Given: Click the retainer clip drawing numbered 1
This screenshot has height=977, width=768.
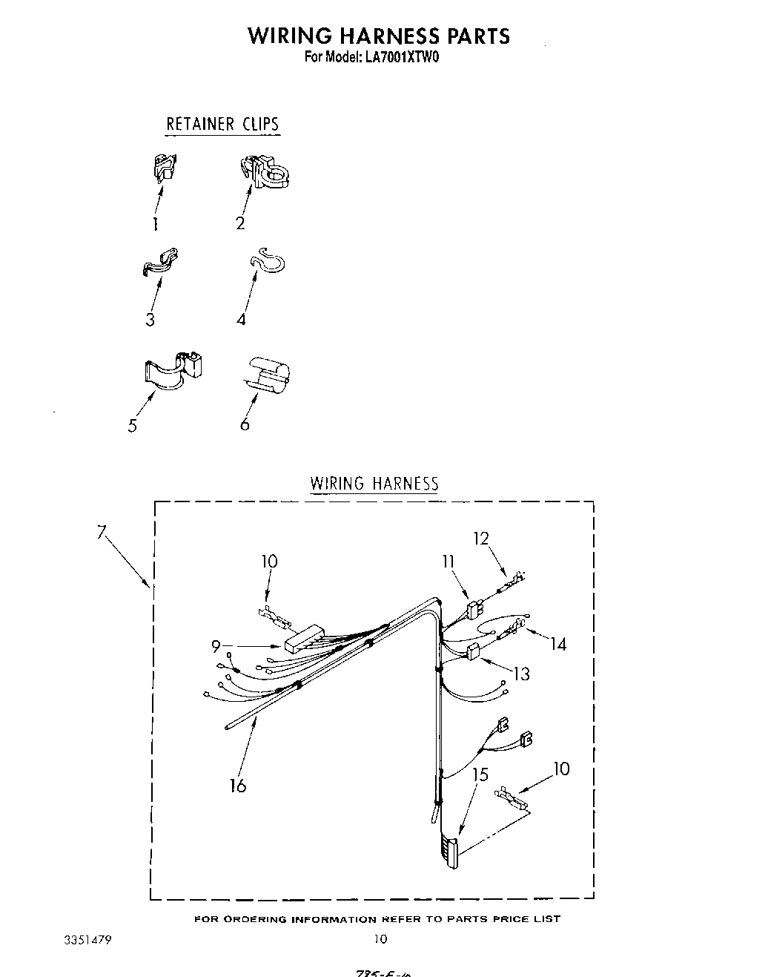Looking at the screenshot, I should (x=165, y=168).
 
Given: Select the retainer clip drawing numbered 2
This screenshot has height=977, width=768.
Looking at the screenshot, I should (x=265, y=173).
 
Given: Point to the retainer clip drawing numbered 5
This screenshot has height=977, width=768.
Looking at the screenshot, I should (x=172, y=369).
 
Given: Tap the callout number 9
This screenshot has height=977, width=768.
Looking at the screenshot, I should (x=216, y=646).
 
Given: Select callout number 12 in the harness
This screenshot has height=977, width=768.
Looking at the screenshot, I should (x=482, y=538).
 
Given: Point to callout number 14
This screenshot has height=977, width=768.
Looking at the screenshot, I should (x=557, y=644).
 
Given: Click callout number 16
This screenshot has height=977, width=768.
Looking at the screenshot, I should (x=237, y=785).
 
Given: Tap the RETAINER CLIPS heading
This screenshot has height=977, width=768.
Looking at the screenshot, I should (x=222, y=124).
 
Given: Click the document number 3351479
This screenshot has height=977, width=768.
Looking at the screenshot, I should (x=88, y=938).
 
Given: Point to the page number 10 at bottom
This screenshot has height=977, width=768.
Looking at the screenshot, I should (x=380, y=938).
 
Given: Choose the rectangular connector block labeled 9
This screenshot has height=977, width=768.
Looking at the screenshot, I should (x=304, y=637).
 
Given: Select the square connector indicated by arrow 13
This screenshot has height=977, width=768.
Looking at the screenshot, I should (x=473, y=652).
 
